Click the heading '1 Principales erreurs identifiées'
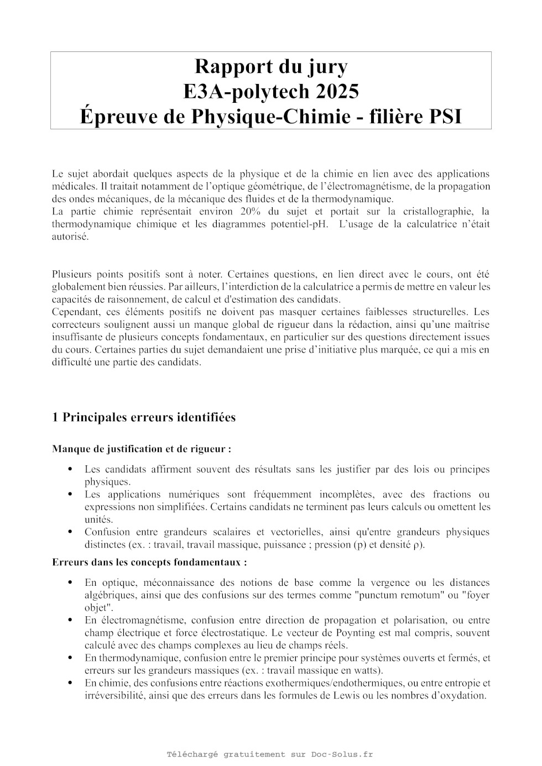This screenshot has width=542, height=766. pyautogui.click(x=144, y=417)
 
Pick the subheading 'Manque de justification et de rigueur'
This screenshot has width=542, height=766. pyautogui.click(x=141, y=449)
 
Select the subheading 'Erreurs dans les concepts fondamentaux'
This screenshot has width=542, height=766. pyautogui.click(x=149, y=562)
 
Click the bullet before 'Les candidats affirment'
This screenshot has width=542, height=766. pyautogui.click(x=70, y=469)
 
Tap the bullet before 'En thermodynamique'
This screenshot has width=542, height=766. pyautogui.click(x=70, y=658)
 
